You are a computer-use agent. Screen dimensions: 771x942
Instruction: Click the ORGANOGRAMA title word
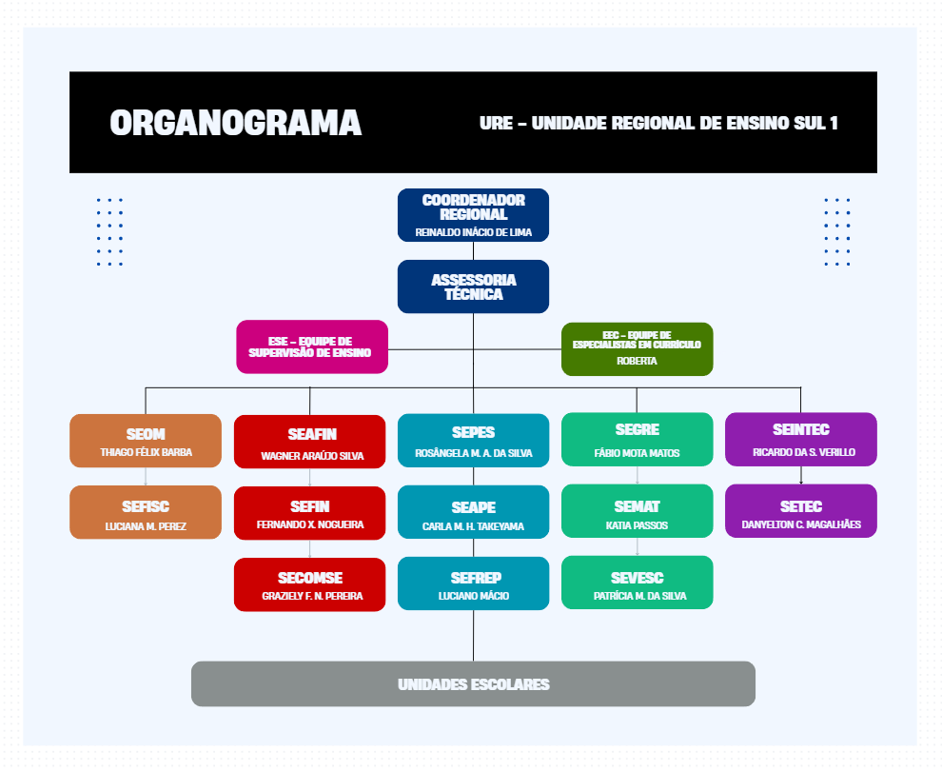235,123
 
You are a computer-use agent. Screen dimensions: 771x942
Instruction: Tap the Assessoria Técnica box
473,287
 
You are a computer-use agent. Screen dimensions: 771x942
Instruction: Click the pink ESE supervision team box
311,346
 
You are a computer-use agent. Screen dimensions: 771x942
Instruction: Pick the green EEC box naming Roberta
637,348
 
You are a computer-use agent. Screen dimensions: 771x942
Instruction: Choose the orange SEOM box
146,441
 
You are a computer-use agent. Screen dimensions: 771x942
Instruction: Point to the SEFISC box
146,513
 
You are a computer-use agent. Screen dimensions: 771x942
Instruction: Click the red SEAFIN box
309,442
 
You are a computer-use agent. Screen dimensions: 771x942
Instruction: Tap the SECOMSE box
309,584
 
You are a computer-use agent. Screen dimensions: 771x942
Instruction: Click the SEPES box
473,441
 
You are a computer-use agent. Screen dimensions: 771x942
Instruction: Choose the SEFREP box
473,584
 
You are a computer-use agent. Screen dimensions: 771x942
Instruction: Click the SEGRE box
637,440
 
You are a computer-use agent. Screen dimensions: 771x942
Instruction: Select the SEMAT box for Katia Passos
637,512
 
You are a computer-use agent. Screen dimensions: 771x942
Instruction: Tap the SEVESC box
637,583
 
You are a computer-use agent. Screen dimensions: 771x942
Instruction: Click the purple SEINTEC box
800,440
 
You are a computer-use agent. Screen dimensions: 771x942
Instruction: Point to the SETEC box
800,512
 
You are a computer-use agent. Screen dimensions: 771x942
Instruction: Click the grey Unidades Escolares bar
473,684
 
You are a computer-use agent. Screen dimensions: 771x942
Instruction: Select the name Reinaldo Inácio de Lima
473,232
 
